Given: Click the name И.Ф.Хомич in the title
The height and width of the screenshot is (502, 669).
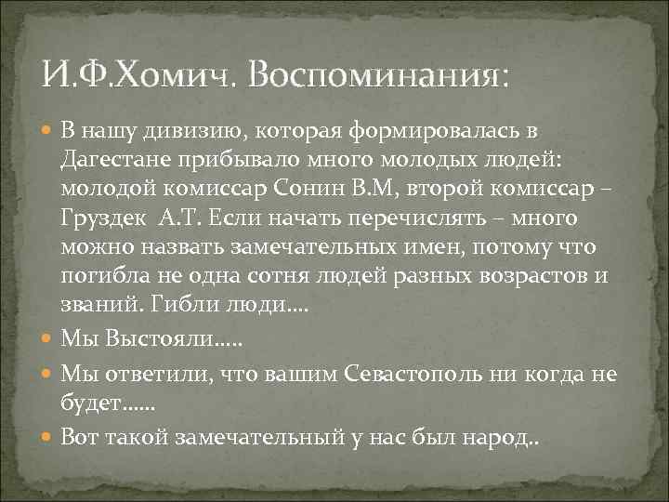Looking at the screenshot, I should coord(140,71).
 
